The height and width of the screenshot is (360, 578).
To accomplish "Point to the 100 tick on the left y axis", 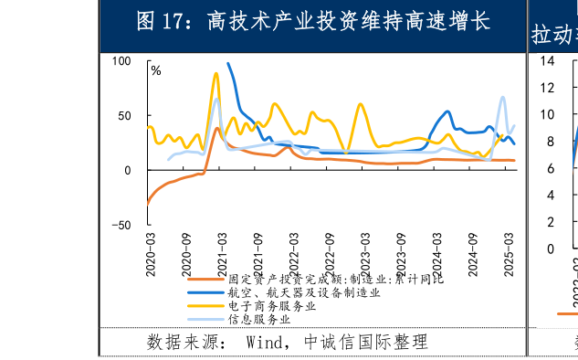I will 121,61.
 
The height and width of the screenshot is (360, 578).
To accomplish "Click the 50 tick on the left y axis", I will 124,116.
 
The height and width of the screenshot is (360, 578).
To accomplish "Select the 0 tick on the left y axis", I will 128,171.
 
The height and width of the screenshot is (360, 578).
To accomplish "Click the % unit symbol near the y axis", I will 156,71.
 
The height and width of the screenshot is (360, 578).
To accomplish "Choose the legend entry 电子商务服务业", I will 271,305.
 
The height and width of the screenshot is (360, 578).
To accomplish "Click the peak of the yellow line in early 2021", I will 215,74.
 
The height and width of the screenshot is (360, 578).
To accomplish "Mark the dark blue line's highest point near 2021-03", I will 228,64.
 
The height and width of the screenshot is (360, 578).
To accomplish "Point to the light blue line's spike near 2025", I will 502,97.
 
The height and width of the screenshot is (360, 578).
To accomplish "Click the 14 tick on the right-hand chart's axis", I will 548,61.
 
